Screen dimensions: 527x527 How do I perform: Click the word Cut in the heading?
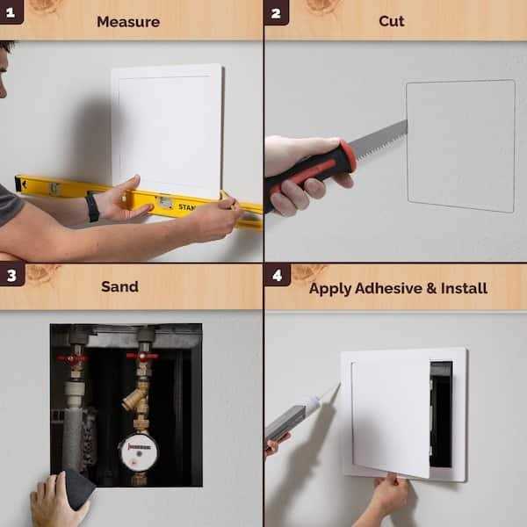391,20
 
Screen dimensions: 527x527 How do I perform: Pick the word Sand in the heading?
119,286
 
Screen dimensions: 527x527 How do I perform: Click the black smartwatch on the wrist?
92,206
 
